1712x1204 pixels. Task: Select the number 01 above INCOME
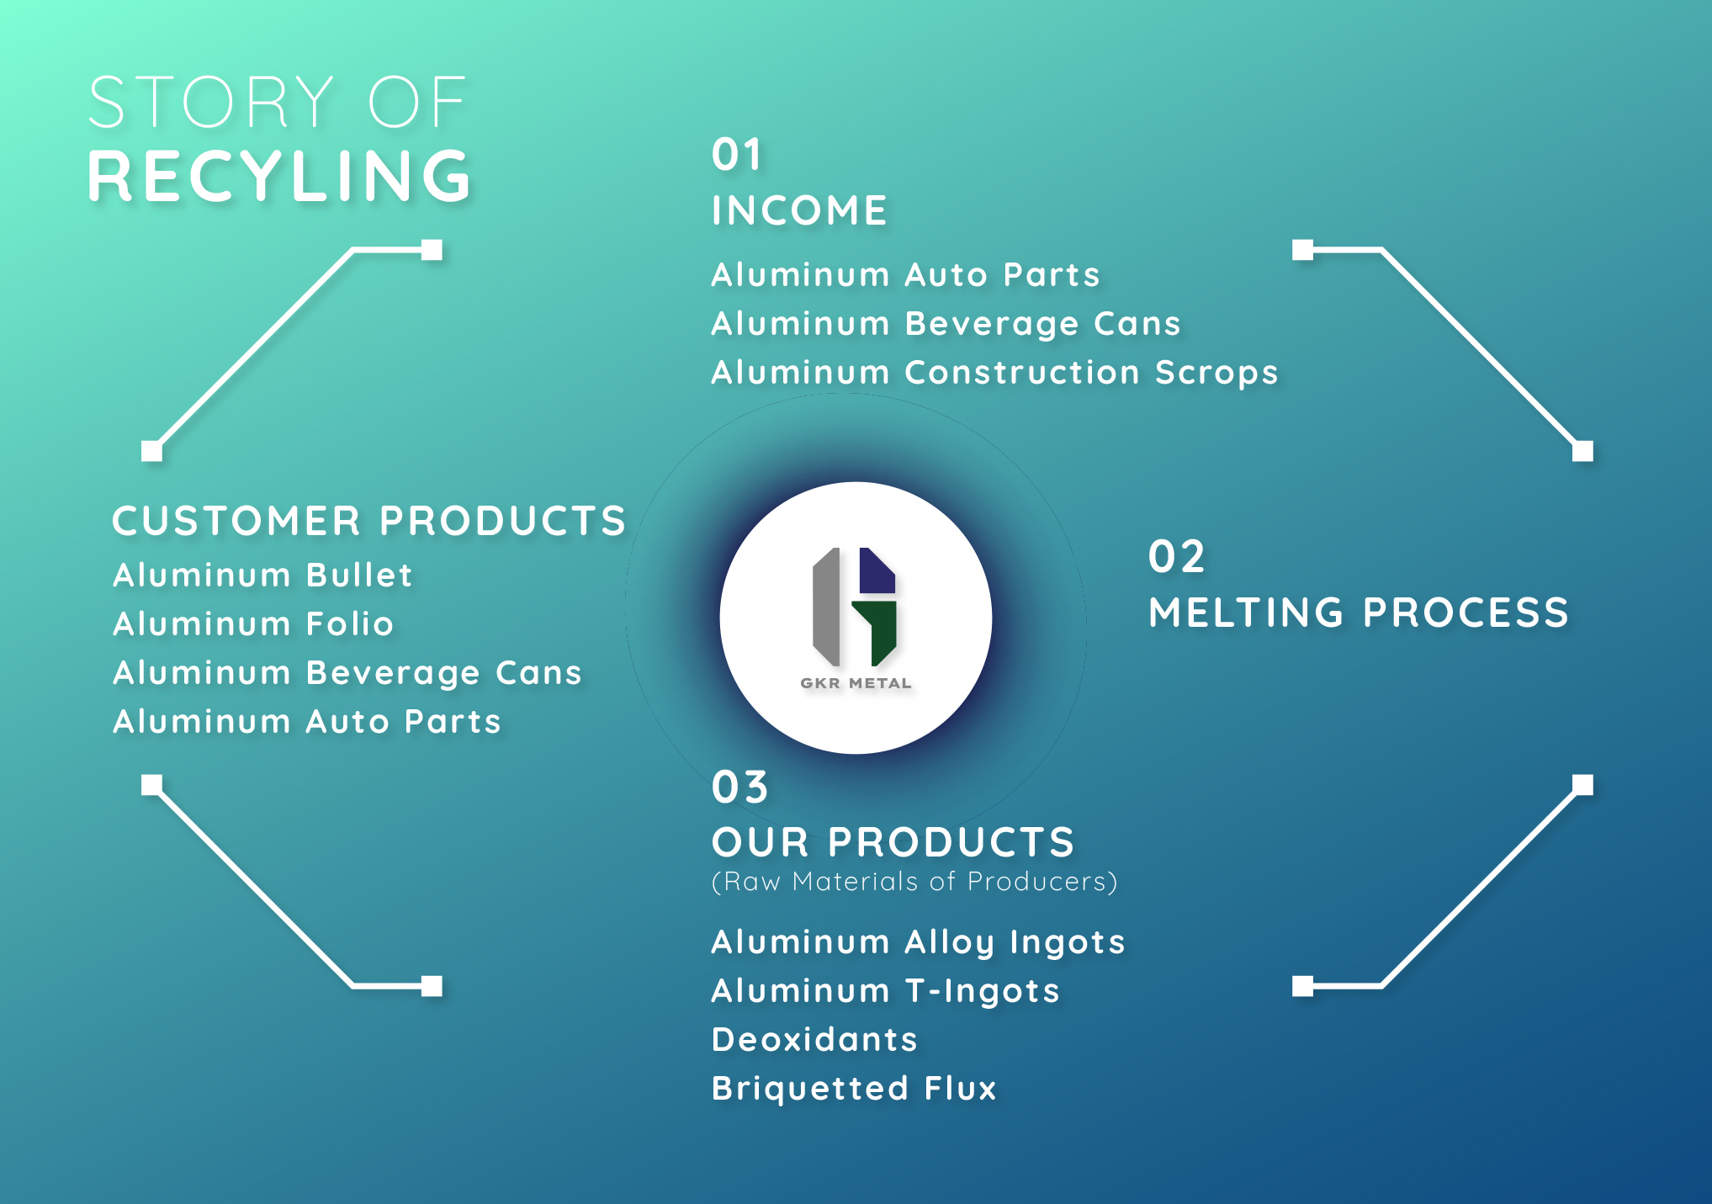tap(736, 155)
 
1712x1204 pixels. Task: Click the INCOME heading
tap(799, 210)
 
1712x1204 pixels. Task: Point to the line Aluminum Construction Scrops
tap(994, 373)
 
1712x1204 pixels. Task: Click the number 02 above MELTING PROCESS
tap(1177, 557)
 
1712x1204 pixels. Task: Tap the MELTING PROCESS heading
tap(1359, 613)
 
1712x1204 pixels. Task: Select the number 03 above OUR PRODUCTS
tap(740, 788)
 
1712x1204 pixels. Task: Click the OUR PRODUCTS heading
tap(893, 842)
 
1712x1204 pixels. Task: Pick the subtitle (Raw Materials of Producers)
tap(914, 882)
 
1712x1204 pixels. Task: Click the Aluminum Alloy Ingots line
tap(918, 943)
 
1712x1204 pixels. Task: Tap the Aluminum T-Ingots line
tap(885, 991)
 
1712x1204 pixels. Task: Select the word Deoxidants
tap(814, 1040)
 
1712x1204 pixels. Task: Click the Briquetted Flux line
tap(854, 1089)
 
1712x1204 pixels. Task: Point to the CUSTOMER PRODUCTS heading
tap(369, 521)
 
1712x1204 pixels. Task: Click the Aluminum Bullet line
tap(262, 575)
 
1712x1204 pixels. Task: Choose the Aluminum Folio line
tap(253, 624)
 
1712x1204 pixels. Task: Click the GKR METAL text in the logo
tap(856, 683)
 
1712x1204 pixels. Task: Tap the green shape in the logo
tap(877, 631)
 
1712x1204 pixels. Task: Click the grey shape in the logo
tap(826, 607)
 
